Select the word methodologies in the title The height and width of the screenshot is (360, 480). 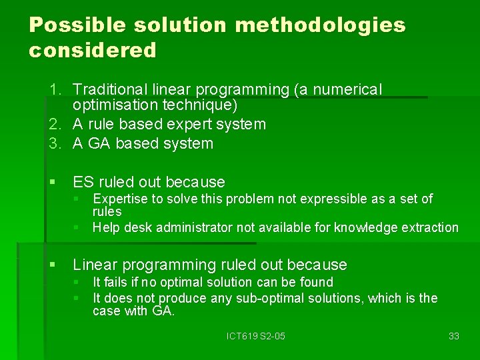pos(320,26)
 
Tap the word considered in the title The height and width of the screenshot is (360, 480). pos(93,50)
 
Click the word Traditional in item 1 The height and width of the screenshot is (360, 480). pos(108,89)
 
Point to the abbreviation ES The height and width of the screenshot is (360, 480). pos(83,182)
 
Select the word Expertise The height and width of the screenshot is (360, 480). pos(121,199)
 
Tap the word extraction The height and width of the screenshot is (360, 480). pos(431,228)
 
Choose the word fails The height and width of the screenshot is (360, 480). pos(117,283)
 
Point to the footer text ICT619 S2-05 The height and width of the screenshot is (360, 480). pos(256,336)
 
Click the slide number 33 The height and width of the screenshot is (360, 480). pos(453,336)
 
